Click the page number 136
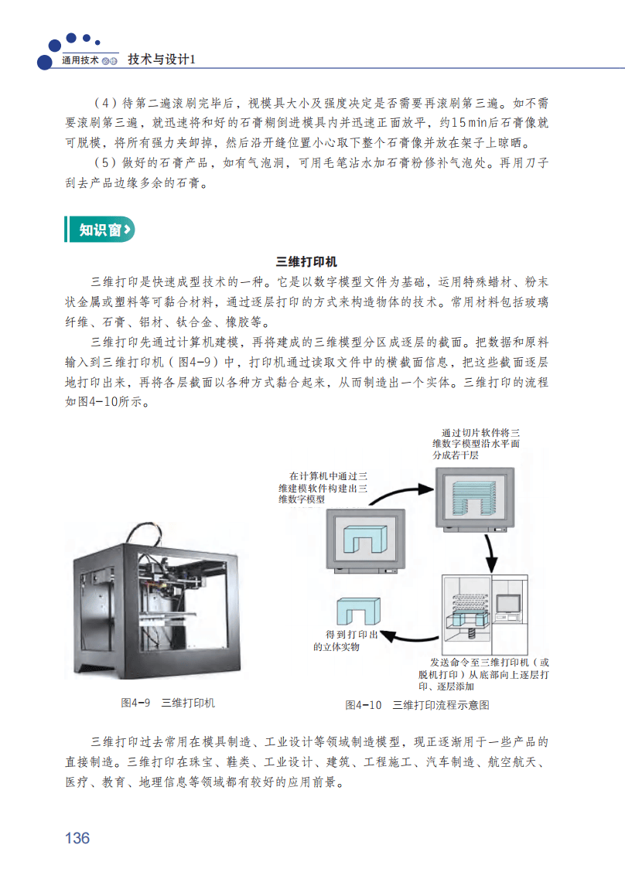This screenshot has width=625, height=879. tap(77, 837)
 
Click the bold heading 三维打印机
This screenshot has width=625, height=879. tap(306, 262)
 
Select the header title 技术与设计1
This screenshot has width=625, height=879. tap(162, 60)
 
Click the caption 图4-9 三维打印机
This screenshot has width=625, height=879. tap(168, 703)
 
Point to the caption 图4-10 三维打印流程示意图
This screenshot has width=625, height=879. tap(417, 705)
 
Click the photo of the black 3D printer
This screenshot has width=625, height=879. tap(156, 601)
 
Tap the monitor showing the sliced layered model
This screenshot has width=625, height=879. tap(475, 499)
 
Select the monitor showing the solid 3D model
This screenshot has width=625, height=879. tap(366, 541)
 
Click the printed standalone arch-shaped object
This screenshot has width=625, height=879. tap(358, 611)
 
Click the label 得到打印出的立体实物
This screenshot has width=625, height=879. tap(345, 641)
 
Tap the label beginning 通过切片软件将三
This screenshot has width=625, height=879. tap(476, 444)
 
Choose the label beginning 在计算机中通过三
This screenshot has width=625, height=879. tap(323, 488)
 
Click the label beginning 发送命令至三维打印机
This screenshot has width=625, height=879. tap(483, 674)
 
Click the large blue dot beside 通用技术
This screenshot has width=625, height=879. tap(44, 62)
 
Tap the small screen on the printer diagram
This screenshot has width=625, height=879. tap(507, 605)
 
